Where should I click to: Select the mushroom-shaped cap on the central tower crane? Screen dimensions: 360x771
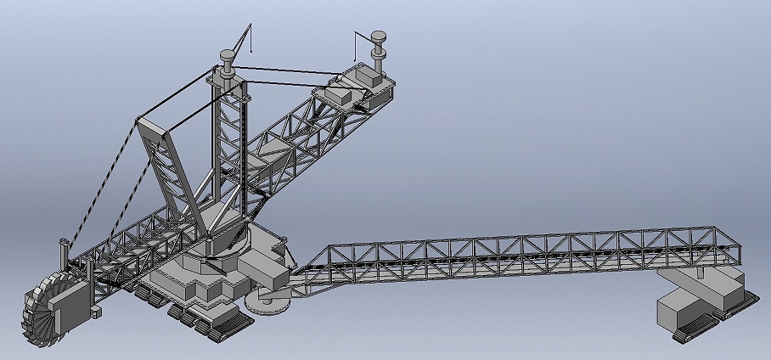tap(228, 57)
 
